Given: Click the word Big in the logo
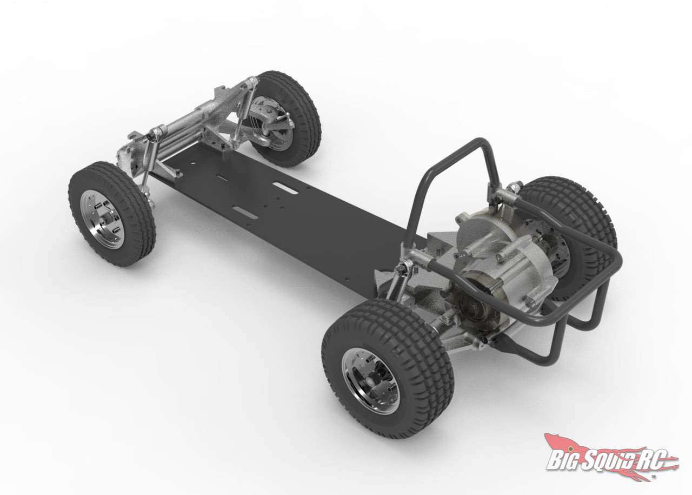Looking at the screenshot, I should pyautogui.click(x=562, y=459).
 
